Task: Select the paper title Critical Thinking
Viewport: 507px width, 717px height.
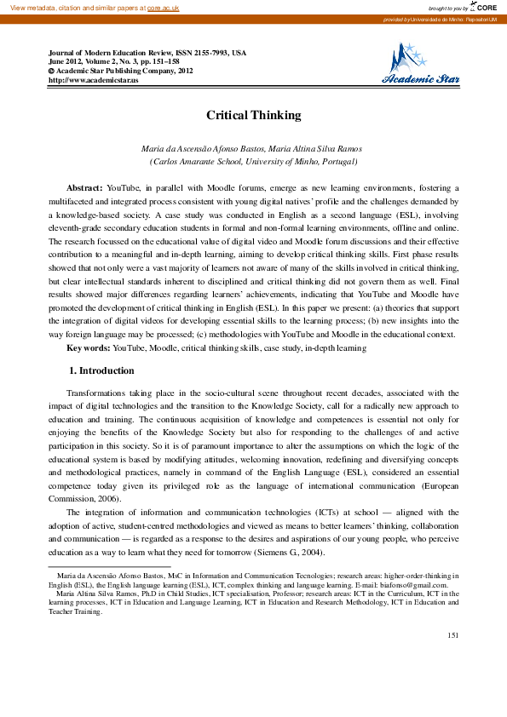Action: [253, 115]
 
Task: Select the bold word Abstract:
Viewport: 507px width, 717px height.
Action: [84, 187]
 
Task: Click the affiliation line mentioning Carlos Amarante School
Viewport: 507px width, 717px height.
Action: [253, 161]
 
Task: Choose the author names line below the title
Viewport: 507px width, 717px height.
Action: [253, 148]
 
